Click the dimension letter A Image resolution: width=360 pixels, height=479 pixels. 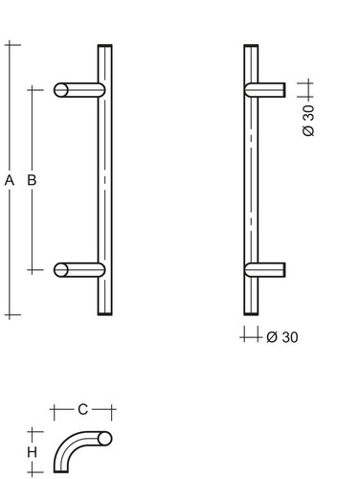coord(10,180)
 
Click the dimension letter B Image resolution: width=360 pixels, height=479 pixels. coord(32,180)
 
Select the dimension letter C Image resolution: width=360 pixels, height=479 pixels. coord(82,409)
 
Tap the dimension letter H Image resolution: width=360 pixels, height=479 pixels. coord(32,452)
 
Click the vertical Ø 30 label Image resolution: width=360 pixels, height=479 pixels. coord(308,121)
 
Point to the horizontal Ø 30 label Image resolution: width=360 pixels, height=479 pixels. coord(282,337)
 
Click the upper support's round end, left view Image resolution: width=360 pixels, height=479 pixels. coord(61,90)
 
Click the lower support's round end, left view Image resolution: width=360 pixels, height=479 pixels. coord(61,270)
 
